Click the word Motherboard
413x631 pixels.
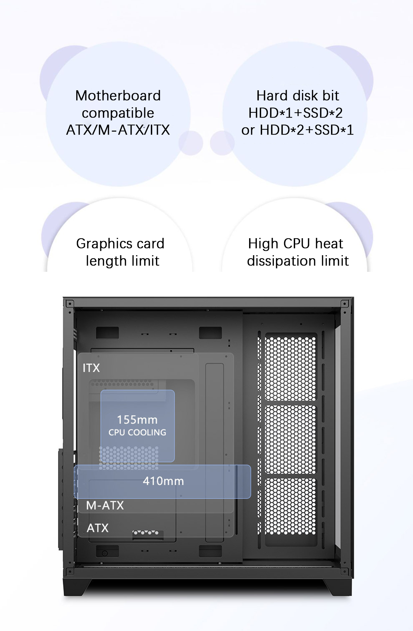(118, 96)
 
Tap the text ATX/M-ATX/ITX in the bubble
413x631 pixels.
(118, 130)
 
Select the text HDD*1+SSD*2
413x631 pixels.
(295, 113)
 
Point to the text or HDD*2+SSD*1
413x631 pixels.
(297, 130)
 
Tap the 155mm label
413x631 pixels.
(137, 420)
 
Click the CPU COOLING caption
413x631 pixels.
(137, 432)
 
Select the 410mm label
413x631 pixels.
(163, 481)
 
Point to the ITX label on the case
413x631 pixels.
(91, 368)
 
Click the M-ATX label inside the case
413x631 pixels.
(105, 506)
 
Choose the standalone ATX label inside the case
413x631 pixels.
(98, 528)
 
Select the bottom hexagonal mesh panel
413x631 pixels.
(290, 506)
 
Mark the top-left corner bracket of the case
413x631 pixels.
(69, 304)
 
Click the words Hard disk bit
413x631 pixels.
(297, 96)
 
